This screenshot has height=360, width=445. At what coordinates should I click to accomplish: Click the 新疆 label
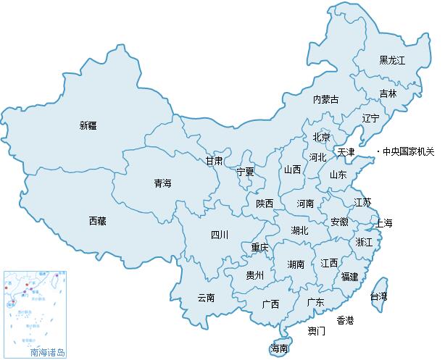point(88,125)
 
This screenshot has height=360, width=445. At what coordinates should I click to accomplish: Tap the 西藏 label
point(97,221)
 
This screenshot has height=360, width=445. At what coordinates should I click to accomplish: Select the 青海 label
point(162,183)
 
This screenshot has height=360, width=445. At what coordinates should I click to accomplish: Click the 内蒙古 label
point(326,99)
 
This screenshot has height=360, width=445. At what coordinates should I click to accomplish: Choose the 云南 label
point(206,297)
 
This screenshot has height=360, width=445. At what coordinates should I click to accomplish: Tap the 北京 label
point(321,137)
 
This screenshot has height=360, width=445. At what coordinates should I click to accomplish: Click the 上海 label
point(383,222)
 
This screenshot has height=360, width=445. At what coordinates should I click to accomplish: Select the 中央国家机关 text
point(409,151)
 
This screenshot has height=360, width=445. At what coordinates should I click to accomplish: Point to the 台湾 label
point(378,296)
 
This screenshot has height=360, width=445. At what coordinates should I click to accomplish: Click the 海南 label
point(280,348)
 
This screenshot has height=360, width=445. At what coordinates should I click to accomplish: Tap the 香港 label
point(345,319)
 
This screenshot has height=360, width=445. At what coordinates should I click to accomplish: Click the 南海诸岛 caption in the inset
point(47,352)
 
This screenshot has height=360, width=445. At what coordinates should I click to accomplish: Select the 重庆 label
point(259,248)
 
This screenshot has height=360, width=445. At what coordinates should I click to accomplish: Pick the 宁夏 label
point(246,172)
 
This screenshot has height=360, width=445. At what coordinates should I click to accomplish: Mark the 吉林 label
point(388,93)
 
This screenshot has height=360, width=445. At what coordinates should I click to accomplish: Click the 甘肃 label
point(213,160)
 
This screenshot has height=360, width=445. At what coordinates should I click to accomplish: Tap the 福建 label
point(349,276)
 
